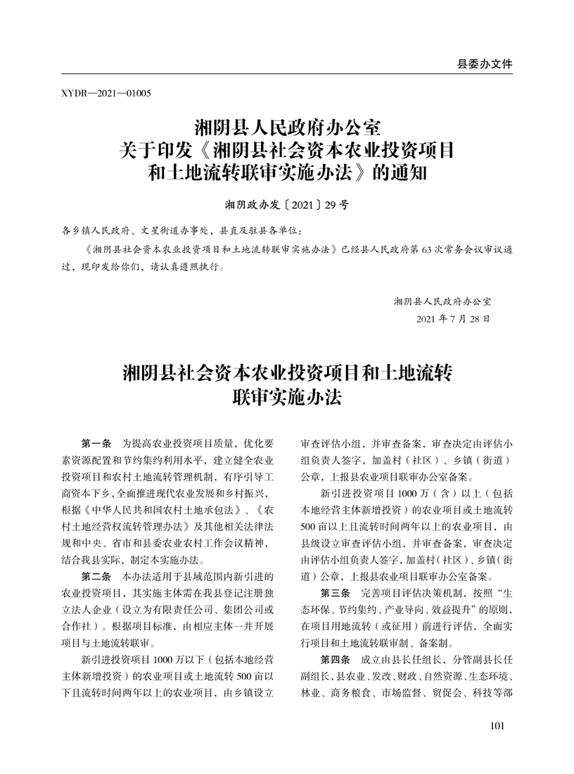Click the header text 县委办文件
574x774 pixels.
(x=485, y=63)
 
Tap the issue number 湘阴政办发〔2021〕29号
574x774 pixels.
(x=286, y=206)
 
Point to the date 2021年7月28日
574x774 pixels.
(x=453, y=319)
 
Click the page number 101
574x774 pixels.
(x=497, y=726)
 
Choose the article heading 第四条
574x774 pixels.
(x=338, y=658)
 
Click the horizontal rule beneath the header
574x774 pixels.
(x=286, y=74)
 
